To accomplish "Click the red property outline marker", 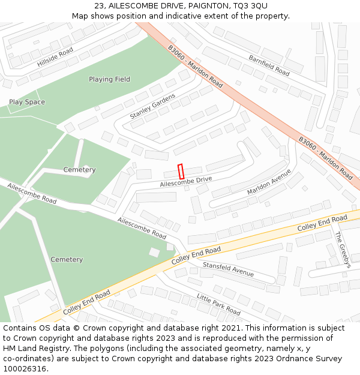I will coord(179,170).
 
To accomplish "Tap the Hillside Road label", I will coord(55,56).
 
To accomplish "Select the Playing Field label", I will coord(109,79).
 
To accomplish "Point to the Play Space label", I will coord(27,102).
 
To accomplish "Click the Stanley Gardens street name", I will coord(152,106).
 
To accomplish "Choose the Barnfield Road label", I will coord(269,65).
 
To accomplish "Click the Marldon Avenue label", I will coord(269,182).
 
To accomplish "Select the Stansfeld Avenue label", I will coord(228,269).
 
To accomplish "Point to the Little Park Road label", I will coord(218,304).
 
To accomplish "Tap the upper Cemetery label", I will coord(79,170).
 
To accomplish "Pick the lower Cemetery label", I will coord(67,259).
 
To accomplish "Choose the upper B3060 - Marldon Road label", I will coord(195,67).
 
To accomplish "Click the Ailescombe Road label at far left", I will coord(32,194).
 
